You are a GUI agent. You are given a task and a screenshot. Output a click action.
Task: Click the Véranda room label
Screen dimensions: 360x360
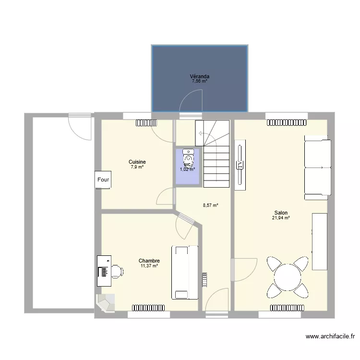coord(199,76)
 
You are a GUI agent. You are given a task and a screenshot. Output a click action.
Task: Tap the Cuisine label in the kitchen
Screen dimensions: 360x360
coord(137,162)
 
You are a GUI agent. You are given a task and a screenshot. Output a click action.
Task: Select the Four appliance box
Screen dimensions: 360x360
coord(103,180)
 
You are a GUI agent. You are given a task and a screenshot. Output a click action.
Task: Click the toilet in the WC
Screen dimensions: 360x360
coord(189,159)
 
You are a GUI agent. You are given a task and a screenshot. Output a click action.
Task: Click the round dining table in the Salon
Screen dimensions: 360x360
coord(287,277)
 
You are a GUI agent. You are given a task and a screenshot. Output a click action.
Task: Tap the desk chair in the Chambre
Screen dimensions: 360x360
coord(117,271)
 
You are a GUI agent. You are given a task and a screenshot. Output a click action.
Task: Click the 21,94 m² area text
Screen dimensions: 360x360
coord(281,218)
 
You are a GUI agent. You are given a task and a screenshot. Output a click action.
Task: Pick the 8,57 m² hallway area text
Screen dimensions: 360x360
coord(210,205)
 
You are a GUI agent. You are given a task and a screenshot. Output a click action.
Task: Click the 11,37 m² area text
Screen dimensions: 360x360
coord(149,265)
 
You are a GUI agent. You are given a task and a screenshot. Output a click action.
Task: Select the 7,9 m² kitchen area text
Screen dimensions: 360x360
coord(137,167)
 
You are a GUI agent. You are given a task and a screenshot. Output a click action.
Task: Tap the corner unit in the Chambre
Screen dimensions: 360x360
coord(106,303)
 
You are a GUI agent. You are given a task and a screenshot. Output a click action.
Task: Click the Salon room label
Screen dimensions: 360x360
coord(281,213)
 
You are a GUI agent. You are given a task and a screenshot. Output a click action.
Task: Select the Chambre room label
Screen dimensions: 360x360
coord(149,261)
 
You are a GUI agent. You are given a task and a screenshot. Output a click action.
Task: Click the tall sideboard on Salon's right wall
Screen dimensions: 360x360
coord(319,241)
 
